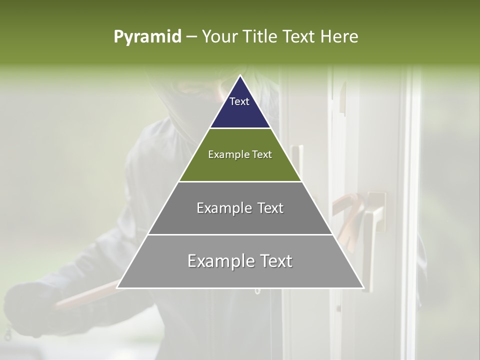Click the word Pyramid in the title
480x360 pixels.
point(147,37)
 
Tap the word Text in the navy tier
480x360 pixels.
point(239,101)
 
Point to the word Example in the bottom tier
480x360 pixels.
point(219,261)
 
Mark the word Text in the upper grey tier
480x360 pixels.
point(268,208)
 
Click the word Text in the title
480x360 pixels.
point(299,37)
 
